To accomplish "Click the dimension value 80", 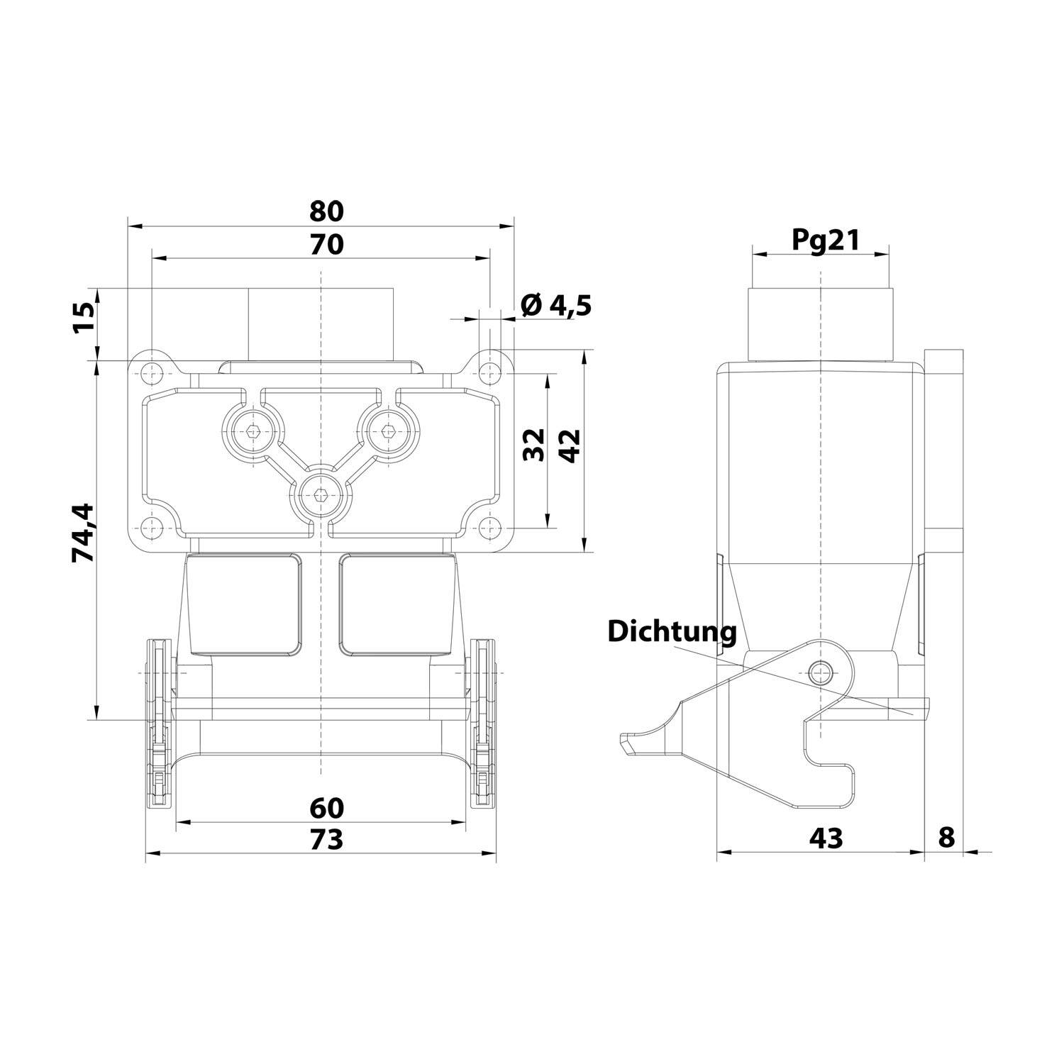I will (326, 211).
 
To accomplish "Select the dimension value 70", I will (326, 245).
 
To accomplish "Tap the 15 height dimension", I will (83, 320).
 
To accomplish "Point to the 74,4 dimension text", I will (83, 533).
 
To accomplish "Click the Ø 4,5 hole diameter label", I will (556, 306).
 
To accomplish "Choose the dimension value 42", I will (570, 445).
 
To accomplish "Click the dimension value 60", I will (326, 808).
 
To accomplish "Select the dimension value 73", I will (326, 839).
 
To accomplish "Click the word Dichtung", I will (672, 631).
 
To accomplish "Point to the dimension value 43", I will (826, 838).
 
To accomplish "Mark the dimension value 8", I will (946, 838).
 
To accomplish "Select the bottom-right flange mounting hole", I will (488, 526).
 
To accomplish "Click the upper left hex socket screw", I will (253, 430).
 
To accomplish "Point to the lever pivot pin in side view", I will (821, 669).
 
